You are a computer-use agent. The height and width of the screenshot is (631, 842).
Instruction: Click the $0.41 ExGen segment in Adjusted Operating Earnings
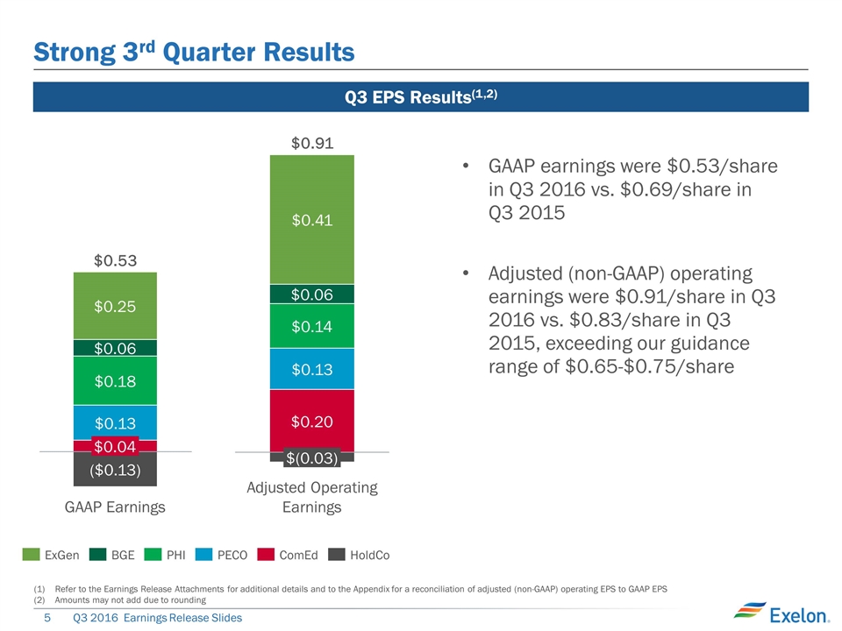click(x=312, y=219)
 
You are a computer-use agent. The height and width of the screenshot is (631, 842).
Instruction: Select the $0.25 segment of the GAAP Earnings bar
click(x=115, y=306)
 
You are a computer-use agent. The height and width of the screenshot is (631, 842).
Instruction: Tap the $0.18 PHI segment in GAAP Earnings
click(x=115, y=380)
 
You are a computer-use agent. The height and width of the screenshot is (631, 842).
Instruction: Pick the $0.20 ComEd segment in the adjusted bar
click(x=312, y=421)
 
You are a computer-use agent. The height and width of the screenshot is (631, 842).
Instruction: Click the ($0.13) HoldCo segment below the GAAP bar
click(x=115, y=470)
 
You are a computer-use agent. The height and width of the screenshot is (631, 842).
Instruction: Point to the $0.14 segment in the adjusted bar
click(x=312, y=326)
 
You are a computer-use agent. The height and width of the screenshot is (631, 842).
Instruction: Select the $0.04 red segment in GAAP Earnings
click(x=115, y=446)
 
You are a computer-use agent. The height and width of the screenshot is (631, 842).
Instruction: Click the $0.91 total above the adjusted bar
click(x=312, y=142)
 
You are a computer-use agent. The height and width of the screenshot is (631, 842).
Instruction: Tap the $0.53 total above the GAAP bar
click(x=115, y=260)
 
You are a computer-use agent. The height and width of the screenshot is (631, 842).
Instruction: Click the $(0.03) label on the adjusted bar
click(x=312, y=457)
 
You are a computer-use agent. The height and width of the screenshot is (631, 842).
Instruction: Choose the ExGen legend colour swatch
click(x=32, y=555)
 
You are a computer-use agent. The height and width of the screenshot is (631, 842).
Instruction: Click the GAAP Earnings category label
click(x=115, y=507)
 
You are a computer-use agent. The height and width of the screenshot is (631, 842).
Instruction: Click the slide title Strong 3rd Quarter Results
click(x=194, y=53)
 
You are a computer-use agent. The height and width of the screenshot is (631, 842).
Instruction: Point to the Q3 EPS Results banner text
click(x=421, y=96)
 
